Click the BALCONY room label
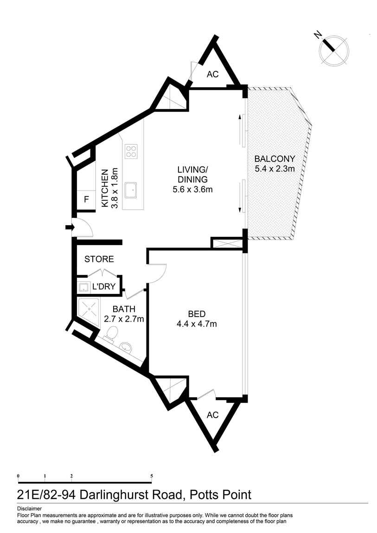pos(275,159)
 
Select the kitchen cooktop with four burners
pos(131,151)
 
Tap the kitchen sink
pos(132,189)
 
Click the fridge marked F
pos(86,200)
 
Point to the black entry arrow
pos(70,227)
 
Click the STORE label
pos(99,259)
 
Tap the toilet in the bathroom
pos(111,333)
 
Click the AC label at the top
pos(212,74)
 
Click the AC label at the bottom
pos(212,415)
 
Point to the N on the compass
pos(319,35)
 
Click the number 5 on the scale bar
pos(151,476)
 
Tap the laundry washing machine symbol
pos(83,287)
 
